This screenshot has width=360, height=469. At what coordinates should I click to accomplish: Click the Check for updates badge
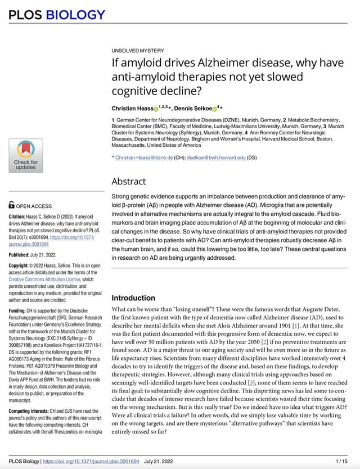[x=25, y=155]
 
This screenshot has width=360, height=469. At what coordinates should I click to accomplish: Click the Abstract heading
[x=128, y=181]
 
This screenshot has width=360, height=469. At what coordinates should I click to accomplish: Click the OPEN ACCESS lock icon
[x=12, y=206]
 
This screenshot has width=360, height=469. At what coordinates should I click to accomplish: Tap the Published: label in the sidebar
[x=22, y=255]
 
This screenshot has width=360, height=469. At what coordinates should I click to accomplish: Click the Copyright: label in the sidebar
[x=22, y=265]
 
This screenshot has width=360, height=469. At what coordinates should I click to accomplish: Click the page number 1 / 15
[x=340, y=461]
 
